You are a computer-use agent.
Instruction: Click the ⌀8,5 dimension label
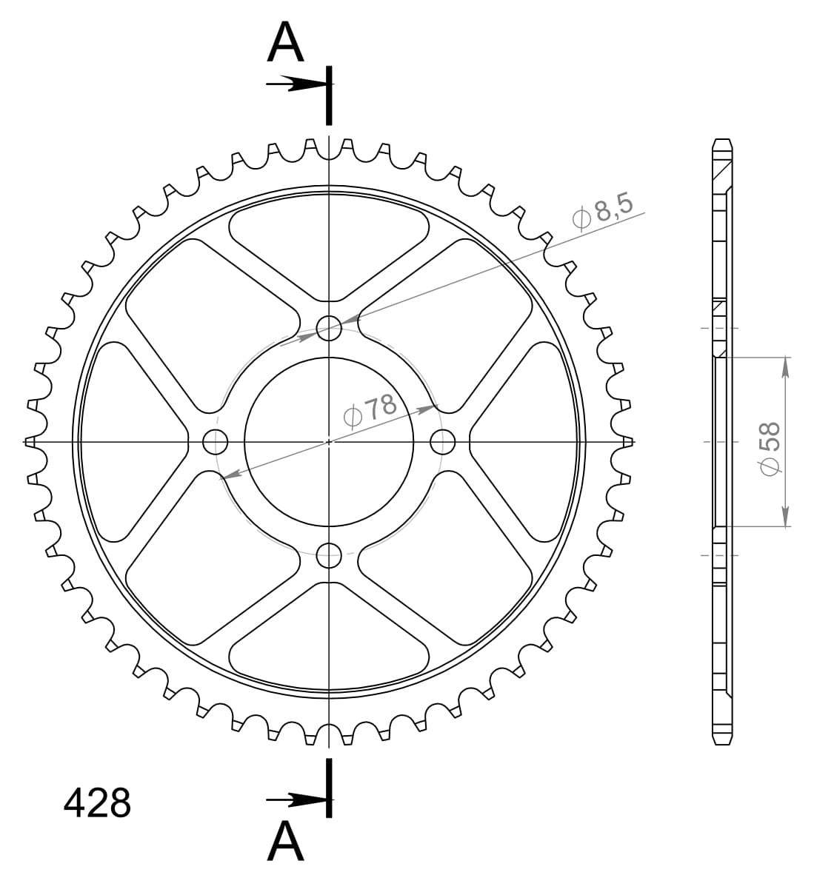coord(603,212)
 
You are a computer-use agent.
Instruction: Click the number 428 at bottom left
coord(97,803)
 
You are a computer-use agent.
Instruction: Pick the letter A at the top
coord(286,42)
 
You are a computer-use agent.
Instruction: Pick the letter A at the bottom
coord(286,842)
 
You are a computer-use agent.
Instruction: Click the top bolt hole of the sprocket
coord(328,327)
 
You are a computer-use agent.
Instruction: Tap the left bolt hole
coord(215,442)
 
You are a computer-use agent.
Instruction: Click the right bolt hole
coord(442,442)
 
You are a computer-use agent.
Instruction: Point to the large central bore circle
coord(328,442)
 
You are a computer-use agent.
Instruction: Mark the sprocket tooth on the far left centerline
coord(30,442)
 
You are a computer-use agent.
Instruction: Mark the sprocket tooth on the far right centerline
coord(628,442)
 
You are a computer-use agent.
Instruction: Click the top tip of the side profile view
coord(722,140)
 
